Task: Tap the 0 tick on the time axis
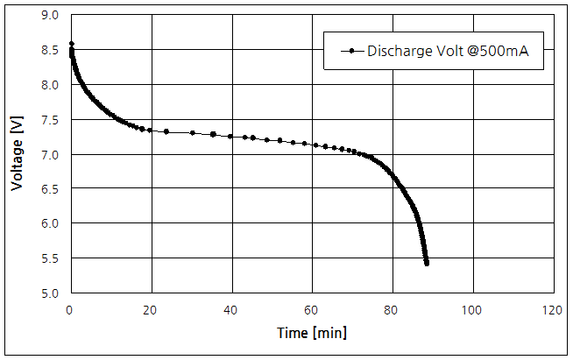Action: point(70,309)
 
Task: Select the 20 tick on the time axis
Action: point(151,309)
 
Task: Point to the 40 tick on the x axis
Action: point(231,309)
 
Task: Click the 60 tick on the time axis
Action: point(312,309)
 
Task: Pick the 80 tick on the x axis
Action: point(393,309)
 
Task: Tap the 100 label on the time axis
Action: point(473,309)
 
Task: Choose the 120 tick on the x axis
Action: point(553,309)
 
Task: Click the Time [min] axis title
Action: point(312,333)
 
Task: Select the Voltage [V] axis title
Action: point(18,155)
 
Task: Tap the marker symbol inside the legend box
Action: point(351,52)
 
